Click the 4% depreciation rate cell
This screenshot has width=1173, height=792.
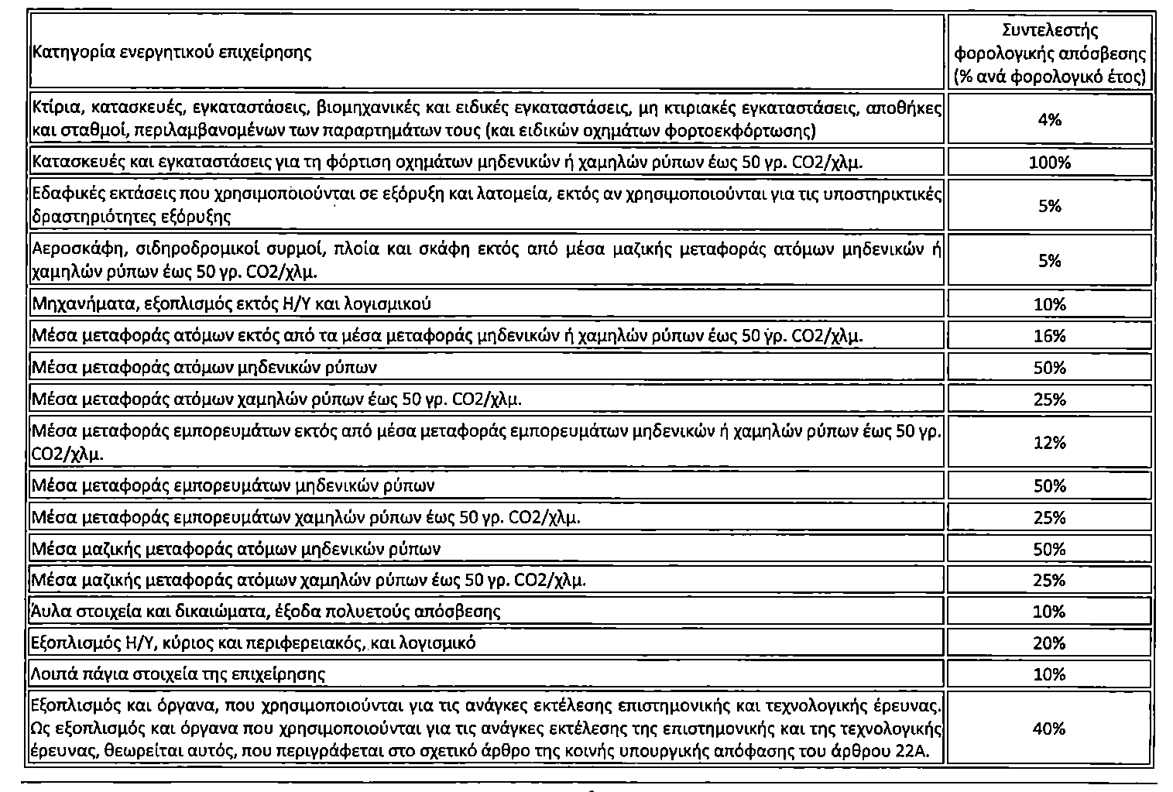click(1049, 119)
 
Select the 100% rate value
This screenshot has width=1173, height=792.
click(1049, 163)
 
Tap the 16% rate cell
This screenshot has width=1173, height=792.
click(1049, 335)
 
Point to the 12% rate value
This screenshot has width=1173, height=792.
click(1049, 442)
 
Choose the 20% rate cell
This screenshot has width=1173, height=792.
click(1049, 643)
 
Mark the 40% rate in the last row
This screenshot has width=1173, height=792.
click(1049, 729)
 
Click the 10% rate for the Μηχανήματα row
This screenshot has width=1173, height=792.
click(1049, 304)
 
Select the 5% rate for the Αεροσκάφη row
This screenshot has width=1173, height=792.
click(1049, 261)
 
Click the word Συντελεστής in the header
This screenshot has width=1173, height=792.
click(1049, 31)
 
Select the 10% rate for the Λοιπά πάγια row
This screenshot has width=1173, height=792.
click(1049, 674)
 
